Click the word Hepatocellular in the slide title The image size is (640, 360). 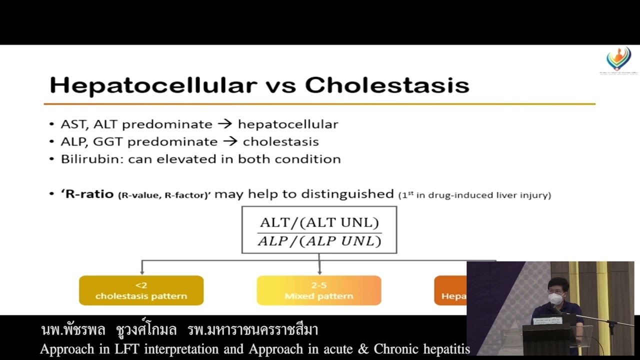pos(153,85)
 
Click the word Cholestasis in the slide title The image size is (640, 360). pos(386,85)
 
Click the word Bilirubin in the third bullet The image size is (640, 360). pos(92,159)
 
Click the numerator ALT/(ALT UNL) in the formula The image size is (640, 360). pos(319,223)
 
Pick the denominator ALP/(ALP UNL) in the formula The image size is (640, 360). pos(319,241)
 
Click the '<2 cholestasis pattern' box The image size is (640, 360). pos(141,290)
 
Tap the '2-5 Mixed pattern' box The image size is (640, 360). pos(318,290)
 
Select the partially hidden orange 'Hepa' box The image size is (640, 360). pos(450,290)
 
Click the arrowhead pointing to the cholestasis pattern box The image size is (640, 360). pos(142,271)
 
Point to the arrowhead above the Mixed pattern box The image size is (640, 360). pos(319,271)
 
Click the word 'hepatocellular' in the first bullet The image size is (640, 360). pos(288,124)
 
